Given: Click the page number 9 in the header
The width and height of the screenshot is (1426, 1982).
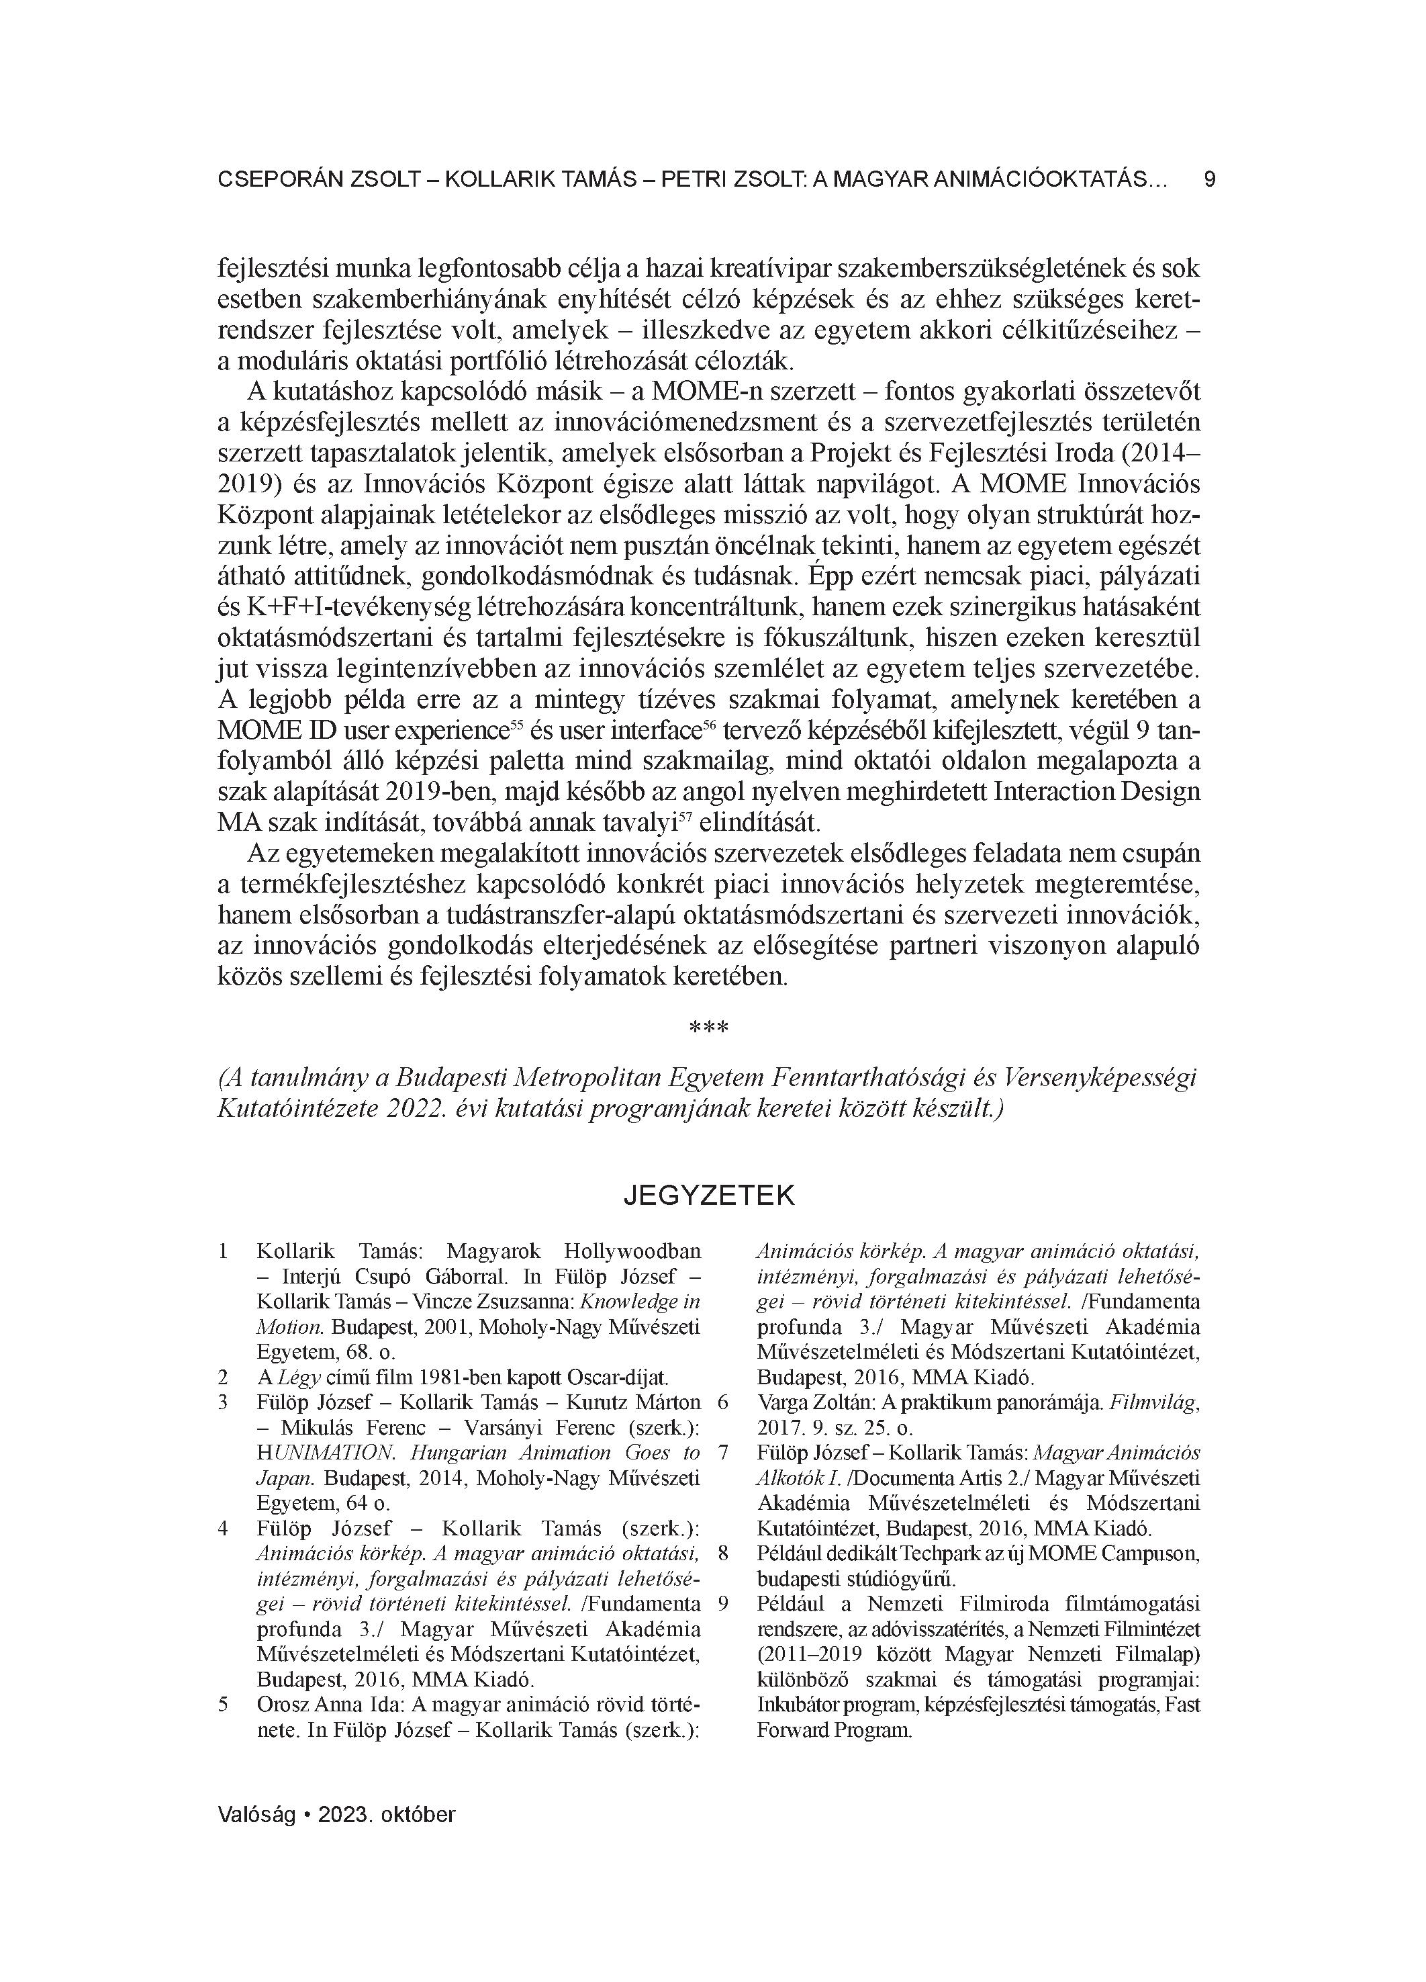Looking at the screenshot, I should pyautogui.click(x=1209, y=179).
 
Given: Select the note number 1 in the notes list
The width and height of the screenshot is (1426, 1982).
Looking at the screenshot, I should pyautogui.click(x=224, y=1251).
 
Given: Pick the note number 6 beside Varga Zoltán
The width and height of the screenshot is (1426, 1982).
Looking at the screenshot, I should pyautogui.click(x=722, y=1402).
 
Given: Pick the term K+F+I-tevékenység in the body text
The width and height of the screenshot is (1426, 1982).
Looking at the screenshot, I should pyautogui.click(x=336, y=606).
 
